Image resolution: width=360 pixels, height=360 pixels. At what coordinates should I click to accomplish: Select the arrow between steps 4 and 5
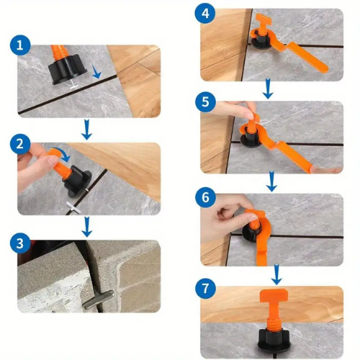tap(267, 89)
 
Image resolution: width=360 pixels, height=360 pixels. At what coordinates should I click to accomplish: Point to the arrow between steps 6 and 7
tap(276, 274)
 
